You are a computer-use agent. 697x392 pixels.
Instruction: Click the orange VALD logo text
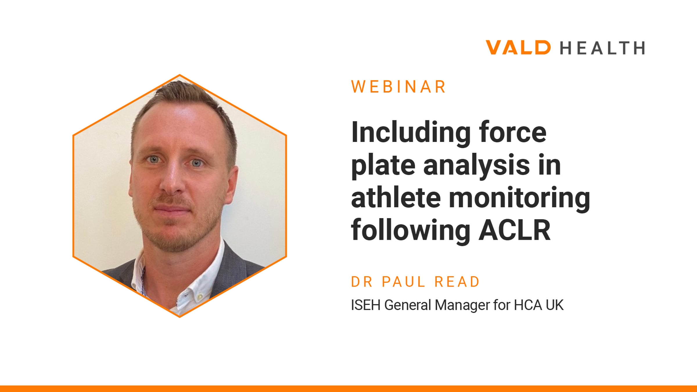(518, 48)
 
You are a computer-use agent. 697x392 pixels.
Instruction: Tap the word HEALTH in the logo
(603, 48)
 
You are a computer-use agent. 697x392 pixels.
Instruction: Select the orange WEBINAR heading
(398, 87)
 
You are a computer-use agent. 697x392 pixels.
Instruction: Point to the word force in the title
(513, 132)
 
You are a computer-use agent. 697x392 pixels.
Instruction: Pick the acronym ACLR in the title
(514, 230)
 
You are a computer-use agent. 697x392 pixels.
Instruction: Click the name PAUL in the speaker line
(404, 282)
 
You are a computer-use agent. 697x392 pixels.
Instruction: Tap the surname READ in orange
(457, 282)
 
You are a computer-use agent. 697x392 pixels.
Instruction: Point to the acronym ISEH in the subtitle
(366, 305)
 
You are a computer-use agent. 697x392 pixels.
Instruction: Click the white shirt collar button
(200, 297)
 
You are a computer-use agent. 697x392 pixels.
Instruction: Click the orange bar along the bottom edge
(348, 389)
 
